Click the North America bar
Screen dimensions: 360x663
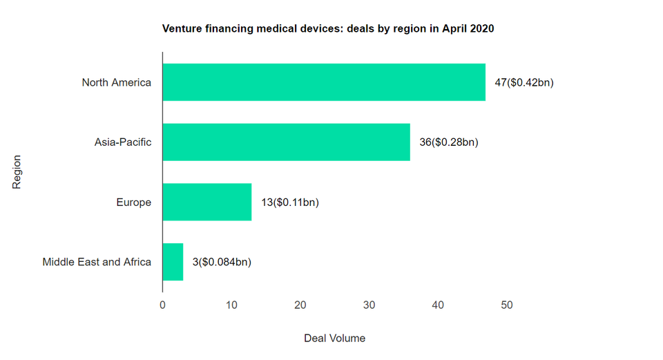[x=324, y=82]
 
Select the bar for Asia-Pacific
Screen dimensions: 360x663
[x=286, y=142]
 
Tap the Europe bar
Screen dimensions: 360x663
[x=206, y=202]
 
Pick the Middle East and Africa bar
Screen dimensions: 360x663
[x=173, y=262]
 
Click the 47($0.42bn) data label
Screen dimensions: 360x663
[x=524, y=83]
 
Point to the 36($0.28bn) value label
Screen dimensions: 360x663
[x=449, y=142]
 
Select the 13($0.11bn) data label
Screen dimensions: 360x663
[x=290, y=202]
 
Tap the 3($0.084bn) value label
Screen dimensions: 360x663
[x=222, y=262]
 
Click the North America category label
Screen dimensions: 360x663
[x=116, y=83]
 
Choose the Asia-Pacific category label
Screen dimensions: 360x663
[x=123, y=142]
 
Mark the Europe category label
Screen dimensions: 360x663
[x=134, y=202]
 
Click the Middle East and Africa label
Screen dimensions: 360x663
[x=97, y=262]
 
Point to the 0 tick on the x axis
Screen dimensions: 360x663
[x=162, y=305]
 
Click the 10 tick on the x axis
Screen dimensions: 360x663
[x=231, y=305]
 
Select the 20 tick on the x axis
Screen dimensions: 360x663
[x=300, y=305]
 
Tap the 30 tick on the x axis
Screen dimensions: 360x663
[x=369, y=305]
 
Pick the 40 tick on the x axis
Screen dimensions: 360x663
[x=438, y=305]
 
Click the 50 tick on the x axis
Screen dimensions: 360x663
[x=507, y=305]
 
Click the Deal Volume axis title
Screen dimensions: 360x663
[x=334, y=339]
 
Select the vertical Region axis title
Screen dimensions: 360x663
[x=17, y=172]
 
